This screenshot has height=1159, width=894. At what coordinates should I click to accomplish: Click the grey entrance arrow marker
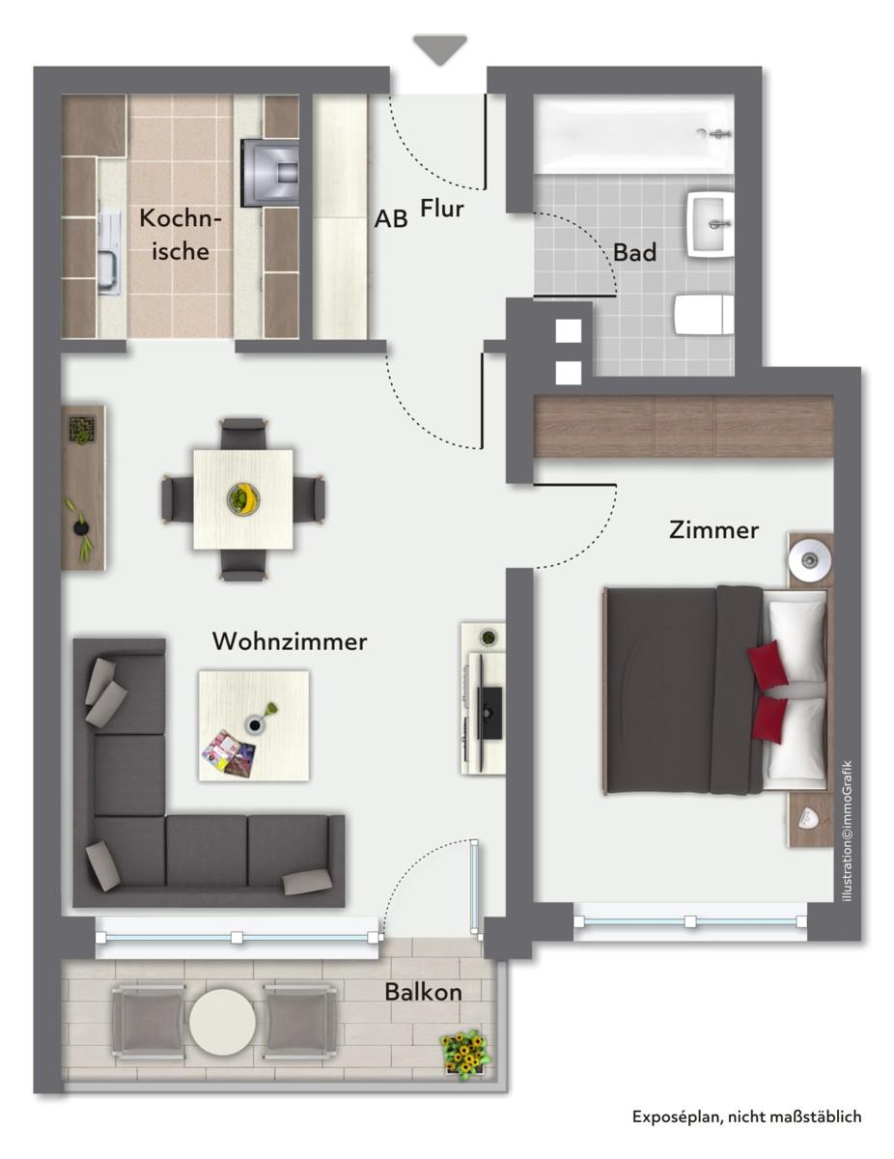[440, 49]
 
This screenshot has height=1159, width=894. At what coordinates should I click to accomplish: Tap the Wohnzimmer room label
[290, 641]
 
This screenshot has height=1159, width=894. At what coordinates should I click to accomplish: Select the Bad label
[635, 253]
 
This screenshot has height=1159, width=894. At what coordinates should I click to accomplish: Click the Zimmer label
[713, 530]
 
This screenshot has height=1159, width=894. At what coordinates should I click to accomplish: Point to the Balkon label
[423, 992]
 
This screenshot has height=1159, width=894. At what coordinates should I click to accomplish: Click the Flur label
[442, 208]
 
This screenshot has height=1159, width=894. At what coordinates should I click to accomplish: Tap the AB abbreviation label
[391, 219]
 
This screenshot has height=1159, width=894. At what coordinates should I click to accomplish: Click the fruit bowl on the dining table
[242, 498]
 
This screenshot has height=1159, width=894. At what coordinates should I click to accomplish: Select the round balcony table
[223, 1022]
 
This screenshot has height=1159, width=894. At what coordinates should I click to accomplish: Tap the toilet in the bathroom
[703, 316]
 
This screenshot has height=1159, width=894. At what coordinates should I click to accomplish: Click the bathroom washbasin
[712, 223]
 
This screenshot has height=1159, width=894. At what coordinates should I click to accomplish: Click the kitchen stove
[271, 173]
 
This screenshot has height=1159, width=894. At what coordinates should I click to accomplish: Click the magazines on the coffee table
[230, 752]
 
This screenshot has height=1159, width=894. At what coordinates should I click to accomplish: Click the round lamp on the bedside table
[806, 559]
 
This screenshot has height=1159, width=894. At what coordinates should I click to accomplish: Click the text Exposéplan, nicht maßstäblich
[746, 1117]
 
